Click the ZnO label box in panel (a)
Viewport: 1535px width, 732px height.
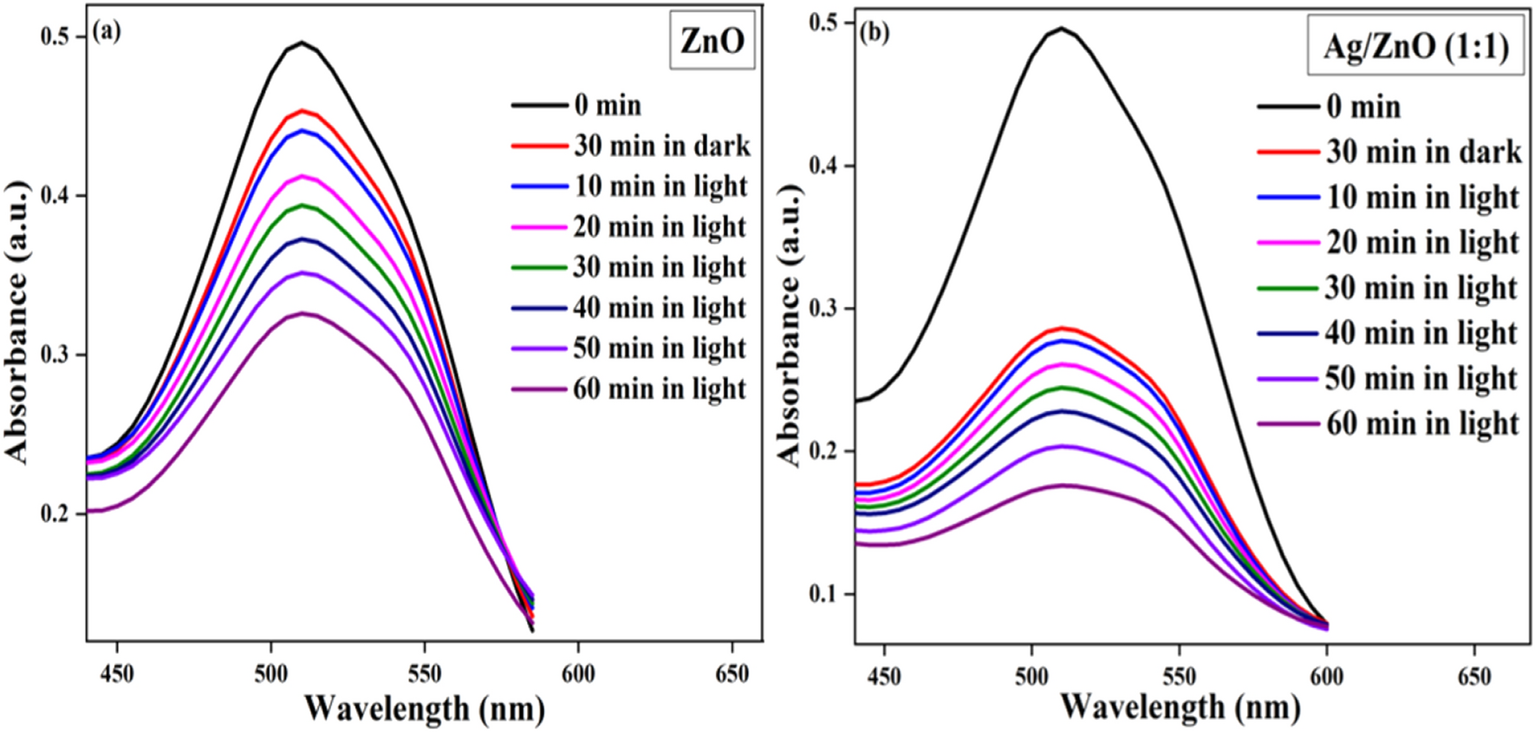(x=712, y=41)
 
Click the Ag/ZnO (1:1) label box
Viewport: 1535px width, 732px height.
(x=1415, y=46)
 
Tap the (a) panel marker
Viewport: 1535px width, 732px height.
(x=107, y=33)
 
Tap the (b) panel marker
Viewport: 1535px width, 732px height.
(x=874, y=33)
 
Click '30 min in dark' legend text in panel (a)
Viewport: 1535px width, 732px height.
(x=662, y=146)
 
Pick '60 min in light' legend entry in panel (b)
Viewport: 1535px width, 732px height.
(x=1422, y=423)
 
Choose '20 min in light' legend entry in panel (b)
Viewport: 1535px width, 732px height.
(x=1422, y=242)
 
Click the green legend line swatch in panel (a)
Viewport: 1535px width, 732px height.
(x=539, y=267)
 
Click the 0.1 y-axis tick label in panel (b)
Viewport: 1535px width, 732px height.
(x=824, y=594)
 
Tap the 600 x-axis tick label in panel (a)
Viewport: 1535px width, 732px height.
(x=578, y=674)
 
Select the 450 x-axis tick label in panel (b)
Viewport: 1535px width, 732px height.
(x=883, y=676)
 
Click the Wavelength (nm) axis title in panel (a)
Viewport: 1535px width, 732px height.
(x=424, y=709)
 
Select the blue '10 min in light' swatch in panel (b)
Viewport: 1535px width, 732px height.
(x=1287, y=198)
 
